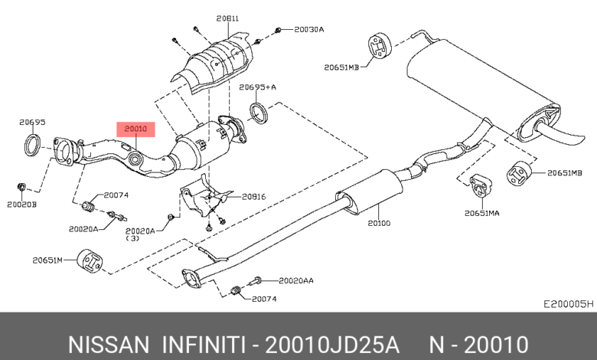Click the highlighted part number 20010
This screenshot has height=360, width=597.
pyautogui.click(x=135, y=129)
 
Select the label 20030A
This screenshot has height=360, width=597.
pyautogui.click(x=309, y=29)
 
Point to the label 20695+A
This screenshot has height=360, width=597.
pyautogui.click(x=257, y=87)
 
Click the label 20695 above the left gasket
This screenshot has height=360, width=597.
pyautogui.click(x=32, y=122)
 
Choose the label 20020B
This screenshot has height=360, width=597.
pyautogui.click(x=22, y=205)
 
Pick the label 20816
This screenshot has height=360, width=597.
pyautogui.click(x=253, y=197)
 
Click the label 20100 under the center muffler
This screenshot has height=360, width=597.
pyautogui.click(x=379, y=224)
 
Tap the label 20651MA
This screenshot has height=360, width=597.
pyautogui.click(x=482, y=213)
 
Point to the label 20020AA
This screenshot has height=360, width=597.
pyautogui.click(x=296, y=280)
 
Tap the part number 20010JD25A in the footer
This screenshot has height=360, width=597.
pyautogui.click(x=331, y=343)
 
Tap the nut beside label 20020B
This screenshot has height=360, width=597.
pyautogui.click(x=22, y=186)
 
